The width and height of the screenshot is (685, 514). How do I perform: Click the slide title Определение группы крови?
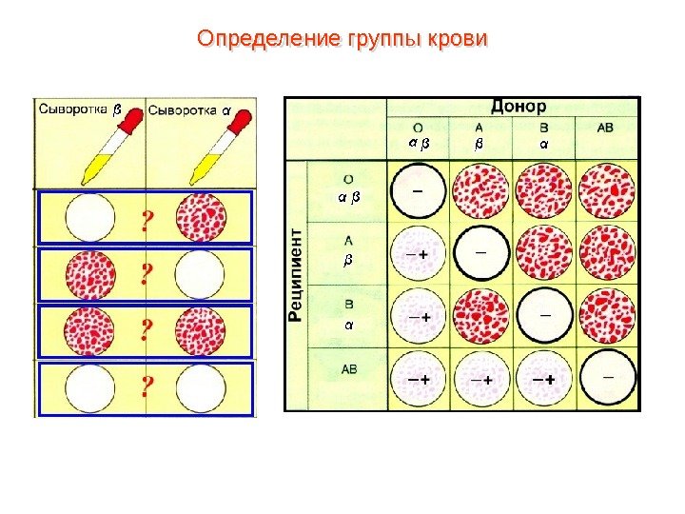[x=342, y=39]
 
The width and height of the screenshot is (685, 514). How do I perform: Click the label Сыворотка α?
[x=189, y=109]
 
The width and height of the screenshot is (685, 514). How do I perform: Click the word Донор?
[x=518, y=107]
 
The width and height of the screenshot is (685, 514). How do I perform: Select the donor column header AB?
[x=606, y=126]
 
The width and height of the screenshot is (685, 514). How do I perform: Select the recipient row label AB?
[x=349, y=368]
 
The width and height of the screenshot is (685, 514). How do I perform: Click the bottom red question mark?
[x=147, y=387]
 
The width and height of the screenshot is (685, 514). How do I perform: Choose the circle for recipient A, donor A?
[x=481, y=254]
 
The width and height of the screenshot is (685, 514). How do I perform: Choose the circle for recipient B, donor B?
[x=544, y=316]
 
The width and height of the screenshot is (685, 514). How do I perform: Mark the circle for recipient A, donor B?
[x=544, y=254]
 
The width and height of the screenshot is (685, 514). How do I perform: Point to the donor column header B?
[x=543, y=126]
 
